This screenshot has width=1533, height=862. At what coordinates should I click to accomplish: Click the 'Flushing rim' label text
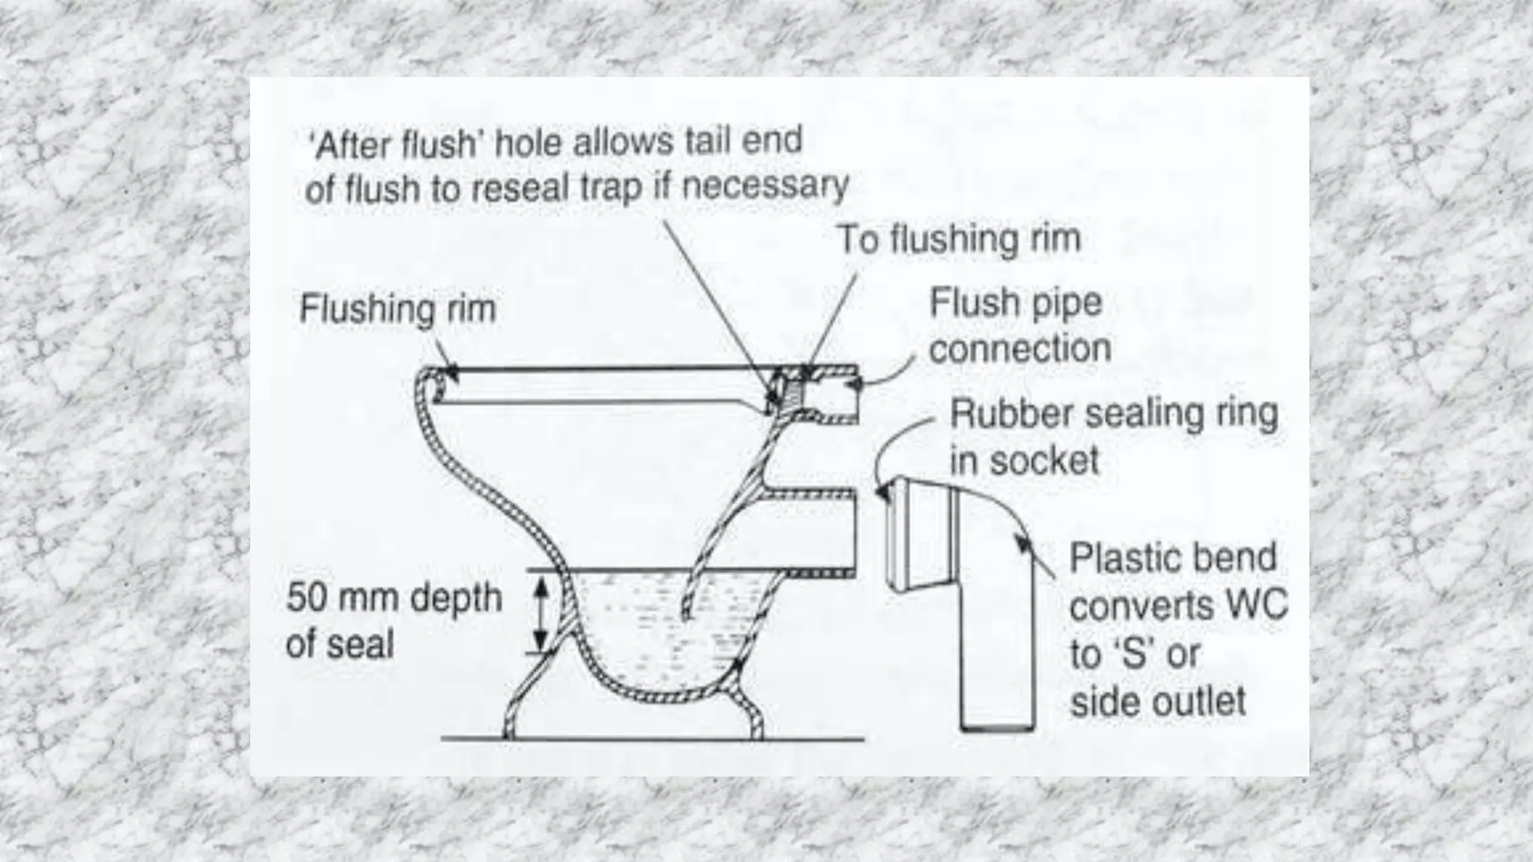[397, 309]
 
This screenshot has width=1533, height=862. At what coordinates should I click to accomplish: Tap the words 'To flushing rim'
[958, 239]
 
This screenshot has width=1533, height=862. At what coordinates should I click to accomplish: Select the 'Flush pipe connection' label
[1019, 325]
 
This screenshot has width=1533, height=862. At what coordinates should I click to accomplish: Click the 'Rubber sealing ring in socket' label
[1113, 437]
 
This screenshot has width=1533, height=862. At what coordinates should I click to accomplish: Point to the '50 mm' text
[344, 598]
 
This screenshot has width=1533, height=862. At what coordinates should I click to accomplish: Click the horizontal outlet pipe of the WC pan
[816, 531]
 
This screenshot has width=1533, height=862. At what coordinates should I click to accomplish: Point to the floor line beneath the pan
[651, 739]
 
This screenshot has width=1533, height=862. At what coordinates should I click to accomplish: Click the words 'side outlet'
[1157, 702]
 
